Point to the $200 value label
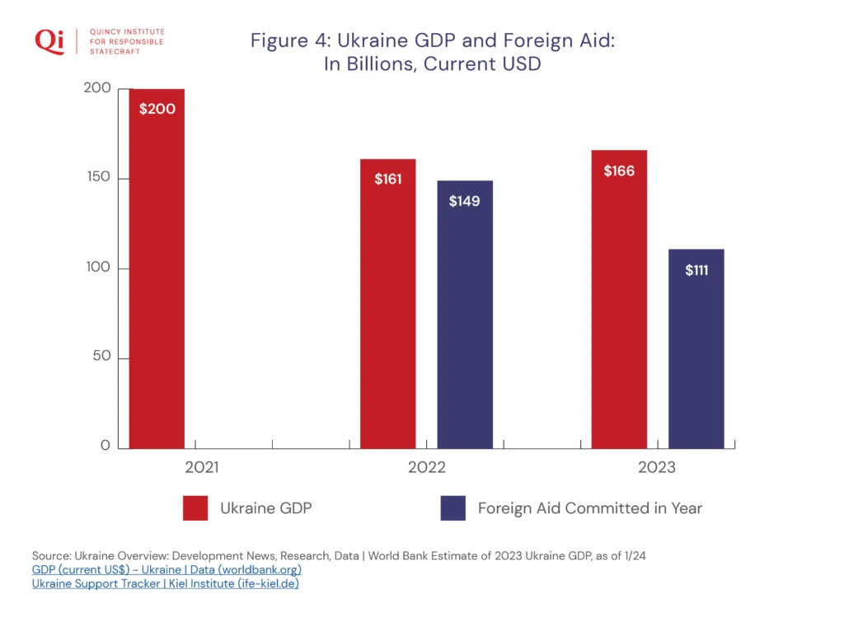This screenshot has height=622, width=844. [x=157, y=109]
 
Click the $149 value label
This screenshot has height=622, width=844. [x=465, y=201]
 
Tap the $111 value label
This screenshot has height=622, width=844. [x=696, y=270]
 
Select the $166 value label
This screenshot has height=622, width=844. [x=619, y=171]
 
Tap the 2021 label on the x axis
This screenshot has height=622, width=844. [x=202, y=468]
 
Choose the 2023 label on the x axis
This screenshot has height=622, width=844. [x=656, y=468]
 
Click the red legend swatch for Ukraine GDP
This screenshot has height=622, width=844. [x=195, y=508]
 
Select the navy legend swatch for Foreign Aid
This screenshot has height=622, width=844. [x=452, y=508]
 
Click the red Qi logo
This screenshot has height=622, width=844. [x=49, y=41]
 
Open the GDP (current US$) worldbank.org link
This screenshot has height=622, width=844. [x=166, y=570]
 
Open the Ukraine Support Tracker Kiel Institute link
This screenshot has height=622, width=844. [x=165, y=584]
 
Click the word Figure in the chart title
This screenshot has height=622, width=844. [x=279, y=42]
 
